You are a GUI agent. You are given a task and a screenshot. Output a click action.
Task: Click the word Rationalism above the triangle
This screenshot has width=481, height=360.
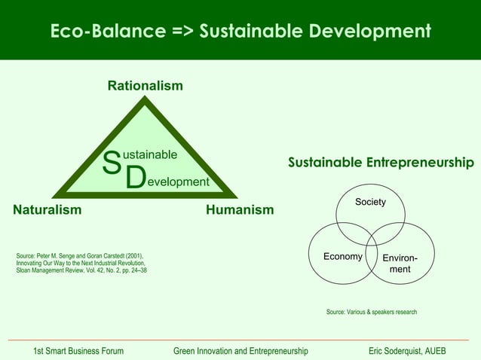[145, 86]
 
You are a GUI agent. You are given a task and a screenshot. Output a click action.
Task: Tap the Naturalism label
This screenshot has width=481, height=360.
[47, 209]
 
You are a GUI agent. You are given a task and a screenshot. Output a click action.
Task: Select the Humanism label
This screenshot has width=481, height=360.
[240, 209]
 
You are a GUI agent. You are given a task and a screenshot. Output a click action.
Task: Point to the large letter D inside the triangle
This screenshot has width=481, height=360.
[135, 178]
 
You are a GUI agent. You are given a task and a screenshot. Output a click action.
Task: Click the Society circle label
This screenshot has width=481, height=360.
[371, 203]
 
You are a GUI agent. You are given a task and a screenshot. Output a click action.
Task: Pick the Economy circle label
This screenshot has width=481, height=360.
[343, 257]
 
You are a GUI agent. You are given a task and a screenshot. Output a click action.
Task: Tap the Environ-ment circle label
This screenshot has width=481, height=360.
[400, 263]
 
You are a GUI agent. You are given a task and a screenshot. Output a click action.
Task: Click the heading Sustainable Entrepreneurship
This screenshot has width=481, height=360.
[381, 163]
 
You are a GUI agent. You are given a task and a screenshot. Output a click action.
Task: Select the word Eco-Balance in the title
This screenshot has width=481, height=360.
[106, 32]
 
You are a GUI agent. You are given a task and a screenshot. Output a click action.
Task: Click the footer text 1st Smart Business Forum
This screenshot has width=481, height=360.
[78, 351]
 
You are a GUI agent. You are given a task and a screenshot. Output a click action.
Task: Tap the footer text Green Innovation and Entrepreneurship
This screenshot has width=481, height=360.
[240, 351]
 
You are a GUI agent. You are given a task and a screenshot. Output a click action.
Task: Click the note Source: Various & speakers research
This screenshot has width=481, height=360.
[371, 312]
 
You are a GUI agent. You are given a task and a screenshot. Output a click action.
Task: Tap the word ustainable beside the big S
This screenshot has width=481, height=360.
[150, 155]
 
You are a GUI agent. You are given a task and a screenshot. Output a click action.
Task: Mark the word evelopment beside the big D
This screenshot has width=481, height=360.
[177, 182]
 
